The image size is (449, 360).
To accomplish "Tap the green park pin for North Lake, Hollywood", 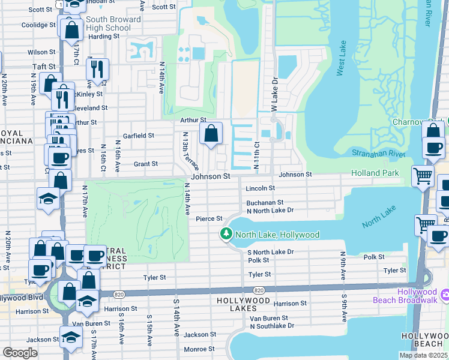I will point(226,234).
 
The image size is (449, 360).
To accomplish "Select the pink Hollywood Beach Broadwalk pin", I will point(444,295).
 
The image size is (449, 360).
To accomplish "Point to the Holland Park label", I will point(375,173).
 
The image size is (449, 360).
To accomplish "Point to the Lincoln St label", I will point(261,188).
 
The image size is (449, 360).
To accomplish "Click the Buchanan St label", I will point(265,203).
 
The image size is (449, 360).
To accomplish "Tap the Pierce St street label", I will point(209,218).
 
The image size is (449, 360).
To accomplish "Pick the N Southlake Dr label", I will point(272,326).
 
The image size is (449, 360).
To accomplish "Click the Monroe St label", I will point(195,349).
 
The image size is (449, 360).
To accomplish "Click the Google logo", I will point(20,353).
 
